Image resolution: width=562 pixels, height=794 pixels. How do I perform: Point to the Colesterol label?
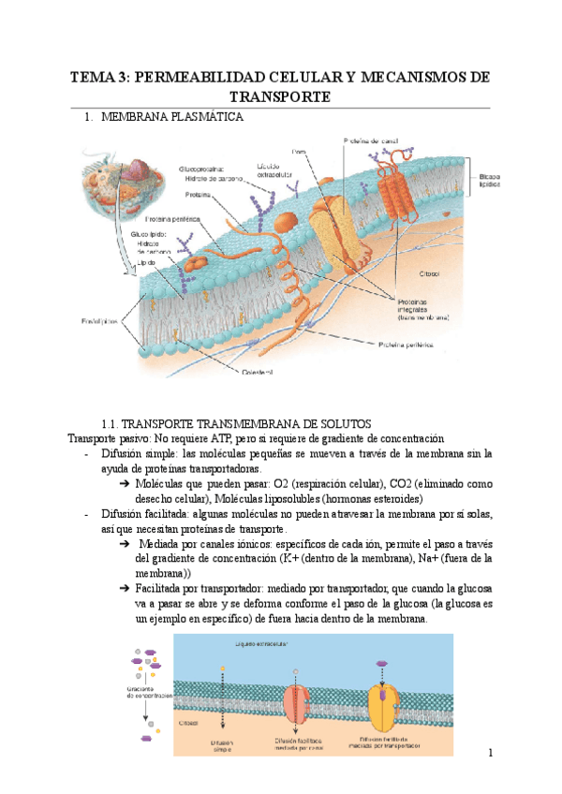(253, 371)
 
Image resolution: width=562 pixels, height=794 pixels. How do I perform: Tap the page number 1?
(489, 754)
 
